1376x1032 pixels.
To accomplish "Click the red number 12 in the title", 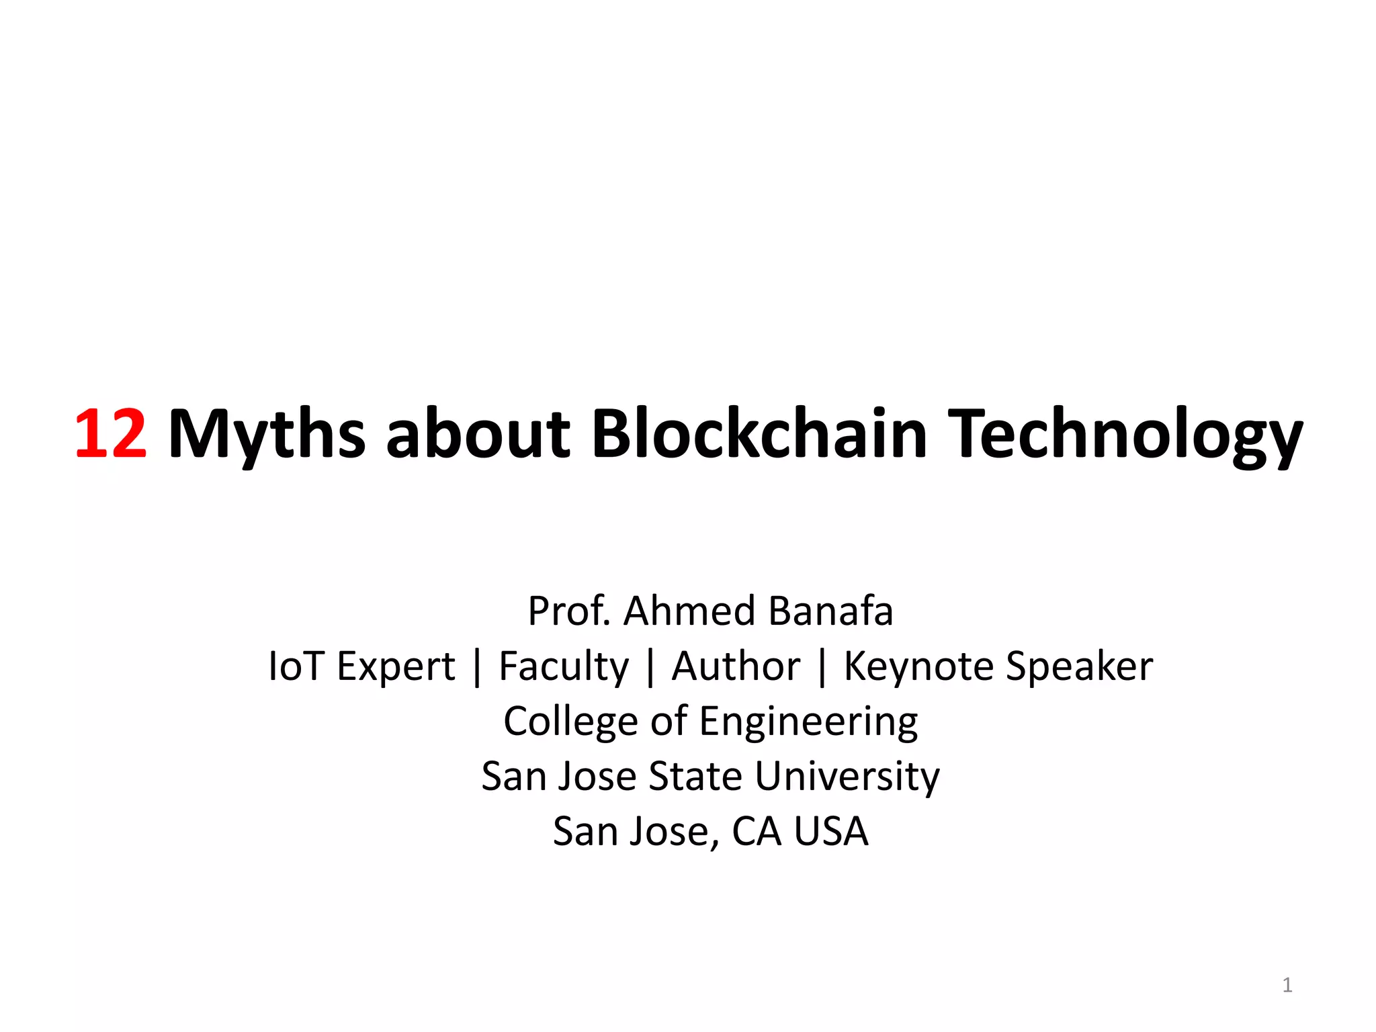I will coord(110,434).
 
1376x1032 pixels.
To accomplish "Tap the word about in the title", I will coord(478,434).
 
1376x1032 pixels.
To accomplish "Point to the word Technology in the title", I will coord(1125,434).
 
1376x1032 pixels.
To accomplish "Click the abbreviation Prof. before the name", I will coord(569,611).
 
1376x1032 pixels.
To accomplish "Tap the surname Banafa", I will coord(830,611).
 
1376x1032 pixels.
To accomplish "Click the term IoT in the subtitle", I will coord(296,666).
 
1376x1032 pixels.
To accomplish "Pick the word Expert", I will coord(396,666).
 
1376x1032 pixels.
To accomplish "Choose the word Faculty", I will coord(564,666).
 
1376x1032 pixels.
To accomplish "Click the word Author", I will coord(736,666).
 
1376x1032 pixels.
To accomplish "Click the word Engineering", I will coord(808,722).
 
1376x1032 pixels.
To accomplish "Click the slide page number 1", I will coord(1287,985).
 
